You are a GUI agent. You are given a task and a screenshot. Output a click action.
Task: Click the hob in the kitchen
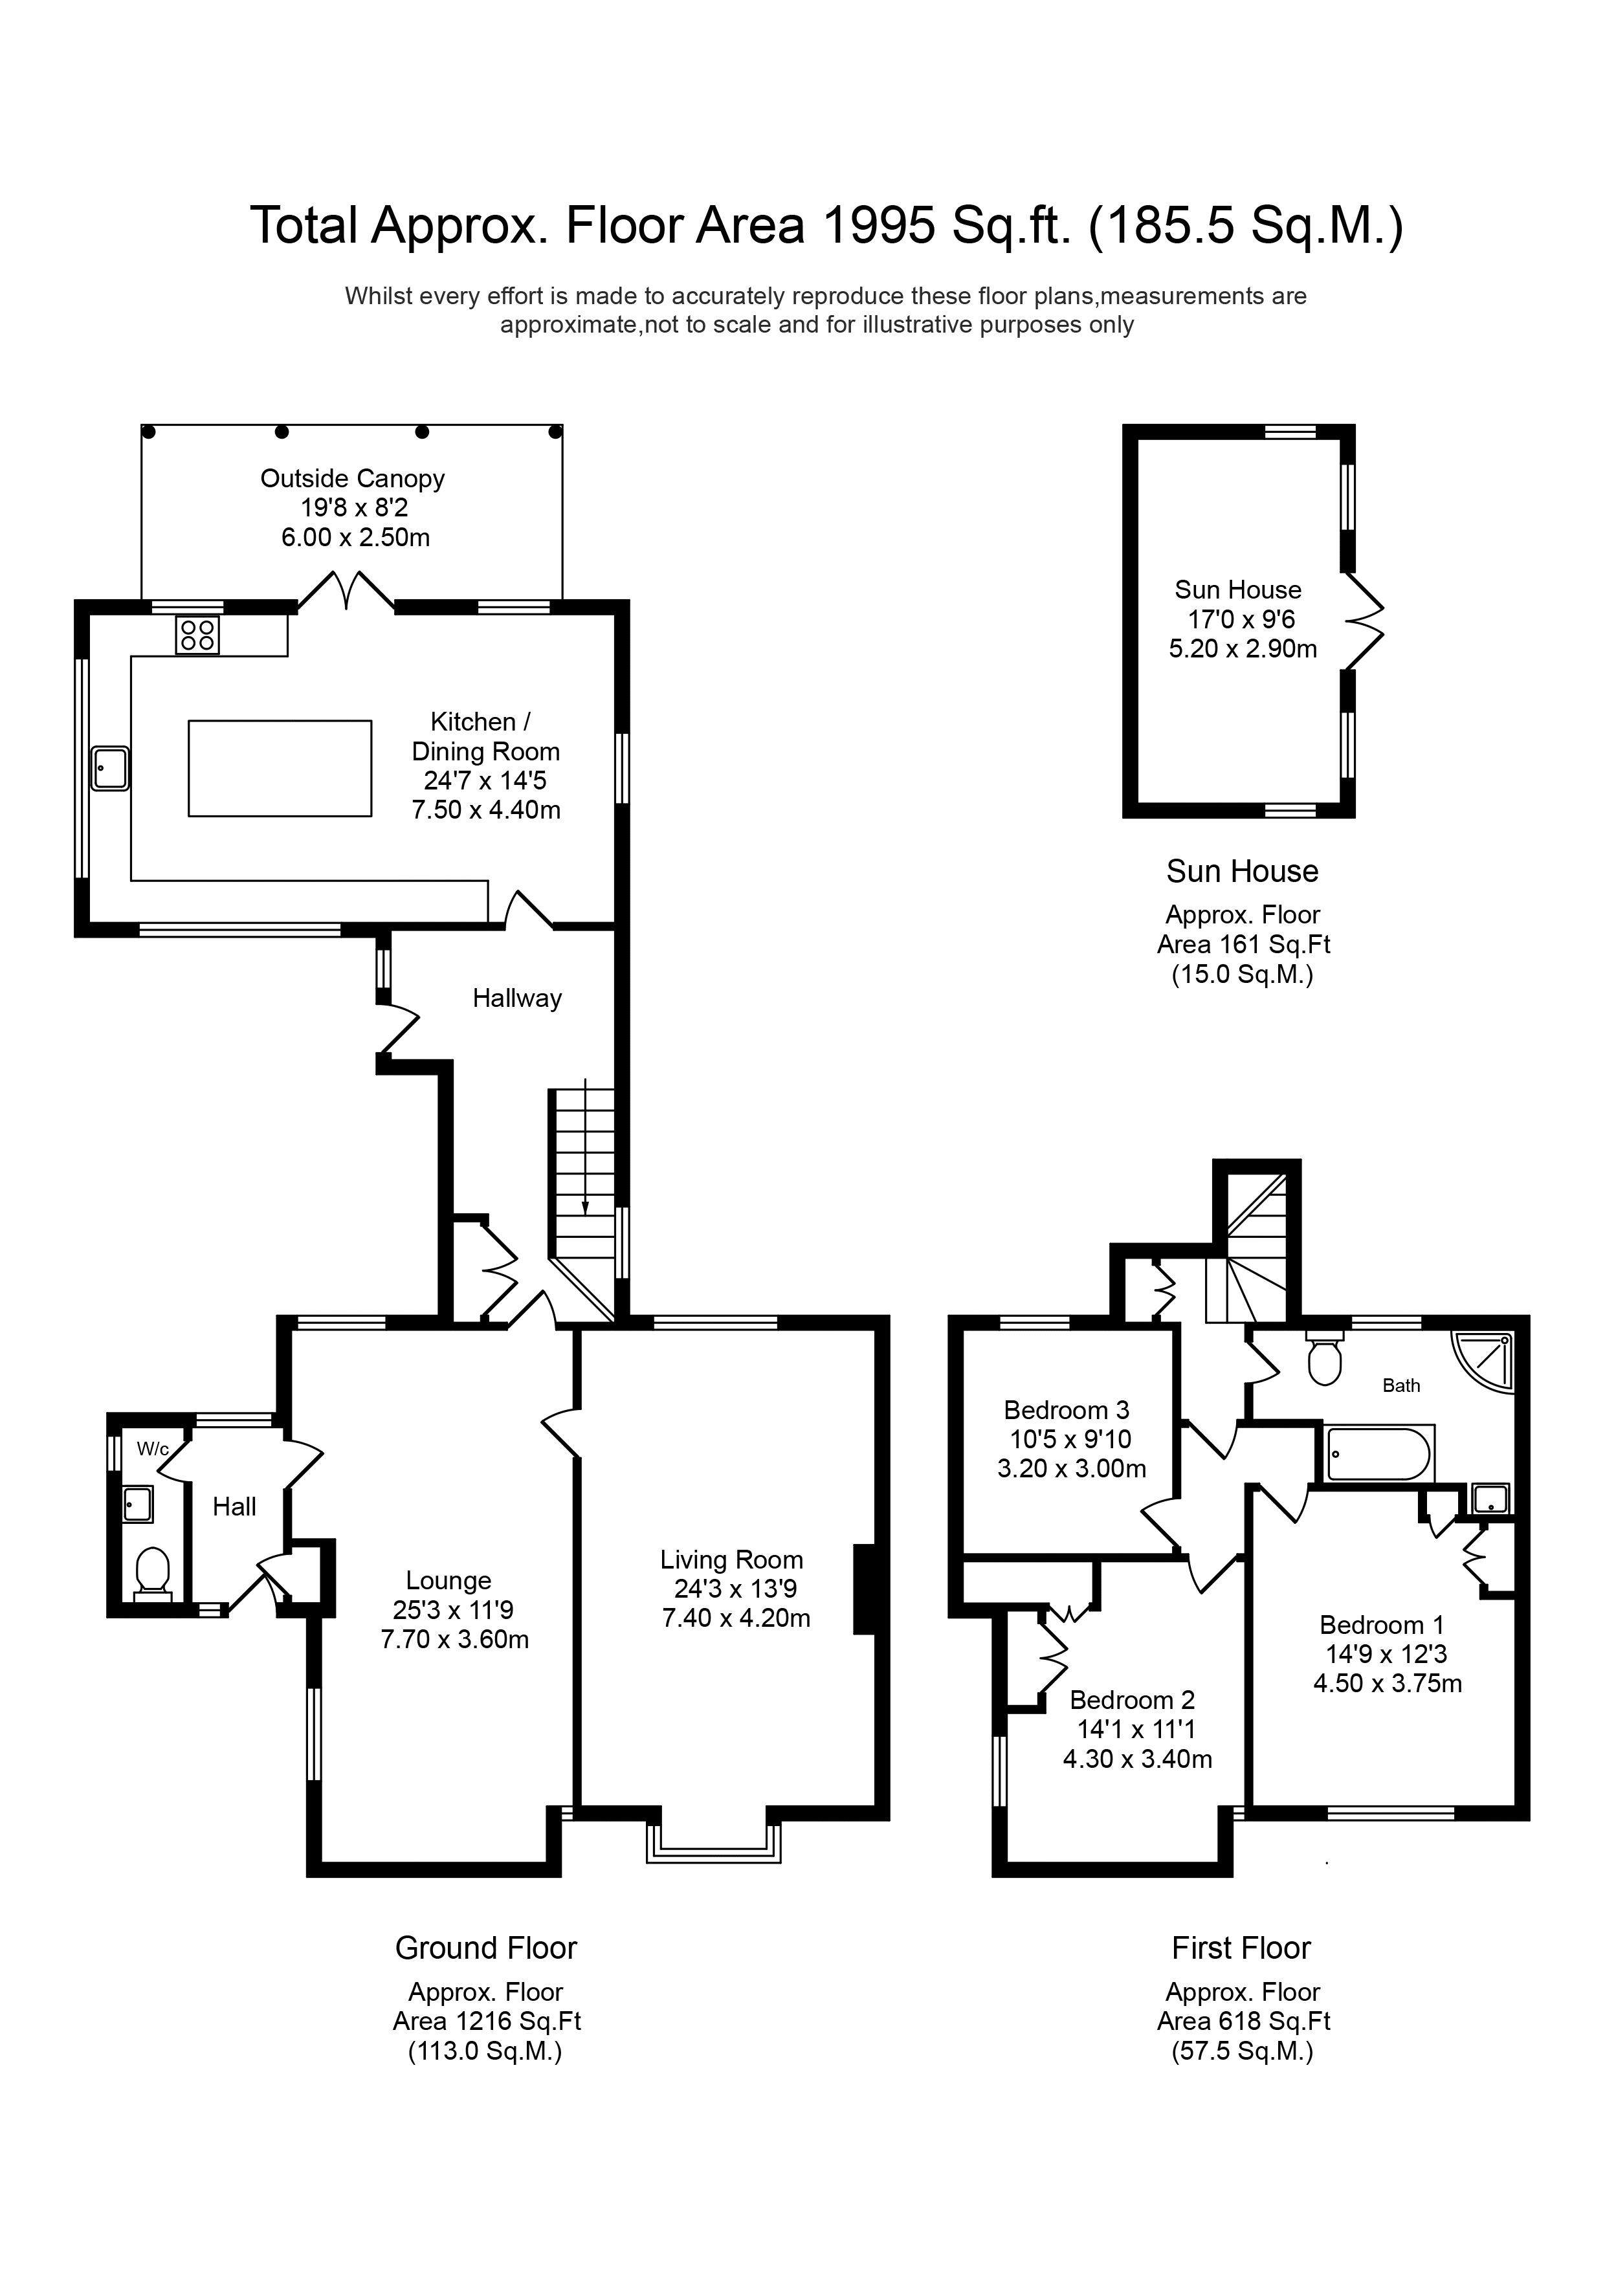pyautogui.click(x=198, y=635)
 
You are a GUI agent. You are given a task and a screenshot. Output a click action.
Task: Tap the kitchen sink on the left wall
pyautogui.click(x=110, y=768)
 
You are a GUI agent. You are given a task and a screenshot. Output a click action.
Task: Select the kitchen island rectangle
pyautogui.click(x=280, y=768)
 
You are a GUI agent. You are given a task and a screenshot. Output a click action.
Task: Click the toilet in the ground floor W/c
pyautogui.click(x=152, y=1571)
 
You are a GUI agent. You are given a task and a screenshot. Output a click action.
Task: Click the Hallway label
pyautogui.click(x=516, y=998)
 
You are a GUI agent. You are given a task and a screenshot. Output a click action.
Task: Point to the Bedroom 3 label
pyautogui.click(x=1066, y=1410)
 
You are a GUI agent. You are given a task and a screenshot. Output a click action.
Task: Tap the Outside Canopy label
pyautogui.click(x=352, y=478)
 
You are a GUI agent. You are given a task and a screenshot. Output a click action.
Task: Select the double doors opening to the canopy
pyautogui.click(x=346, y=591)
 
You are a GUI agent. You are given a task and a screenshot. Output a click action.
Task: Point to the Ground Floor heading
pyautogui.click(x=485, y=1948)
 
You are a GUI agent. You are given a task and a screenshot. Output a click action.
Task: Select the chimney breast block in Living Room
pyautogui.click(x=865, y=1589)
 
